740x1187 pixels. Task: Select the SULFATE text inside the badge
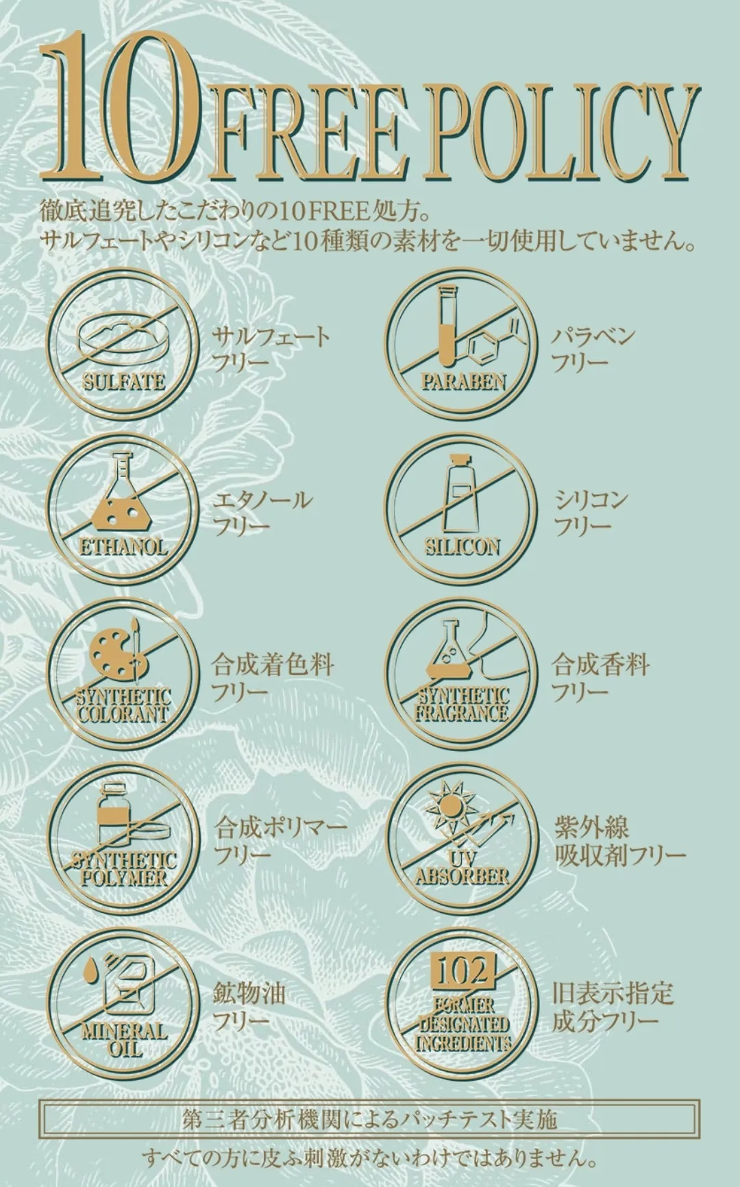tap(124, 381)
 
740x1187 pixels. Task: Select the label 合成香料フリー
tap(600, 678)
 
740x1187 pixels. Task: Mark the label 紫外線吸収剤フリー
tap(619, 841)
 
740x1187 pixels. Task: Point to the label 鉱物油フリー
tap(248, 1007)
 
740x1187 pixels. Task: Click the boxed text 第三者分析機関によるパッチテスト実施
tap(370, 1119)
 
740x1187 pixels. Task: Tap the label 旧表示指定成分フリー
tap(612, 1007)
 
